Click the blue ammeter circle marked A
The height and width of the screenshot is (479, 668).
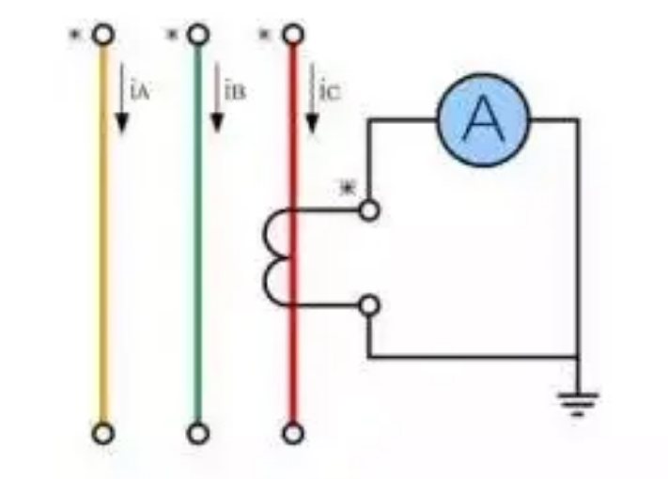[483, 119]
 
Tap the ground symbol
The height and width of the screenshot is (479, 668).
[577, 403]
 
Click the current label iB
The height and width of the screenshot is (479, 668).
[235, 92]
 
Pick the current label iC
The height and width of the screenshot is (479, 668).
[329, 92]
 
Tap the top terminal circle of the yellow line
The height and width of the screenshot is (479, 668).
[103, 36]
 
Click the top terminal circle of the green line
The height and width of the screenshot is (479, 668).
[197, 36]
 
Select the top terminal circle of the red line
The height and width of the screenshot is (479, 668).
[293, 36]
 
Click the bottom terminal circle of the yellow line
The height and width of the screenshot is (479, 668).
[103, 433]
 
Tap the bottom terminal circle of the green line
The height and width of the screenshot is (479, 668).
[197, 433]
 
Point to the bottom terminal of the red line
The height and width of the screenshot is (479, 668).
[293, 433]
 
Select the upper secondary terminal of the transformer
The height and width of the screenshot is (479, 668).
[370, 210]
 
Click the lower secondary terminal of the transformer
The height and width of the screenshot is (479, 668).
[370, 305]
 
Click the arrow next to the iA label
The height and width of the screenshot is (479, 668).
[121, 100]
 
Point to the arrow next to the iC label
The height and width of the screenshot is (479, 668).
[310, 100]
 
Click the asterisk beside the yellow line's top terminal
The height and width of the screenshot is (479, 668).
[75, 36]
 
